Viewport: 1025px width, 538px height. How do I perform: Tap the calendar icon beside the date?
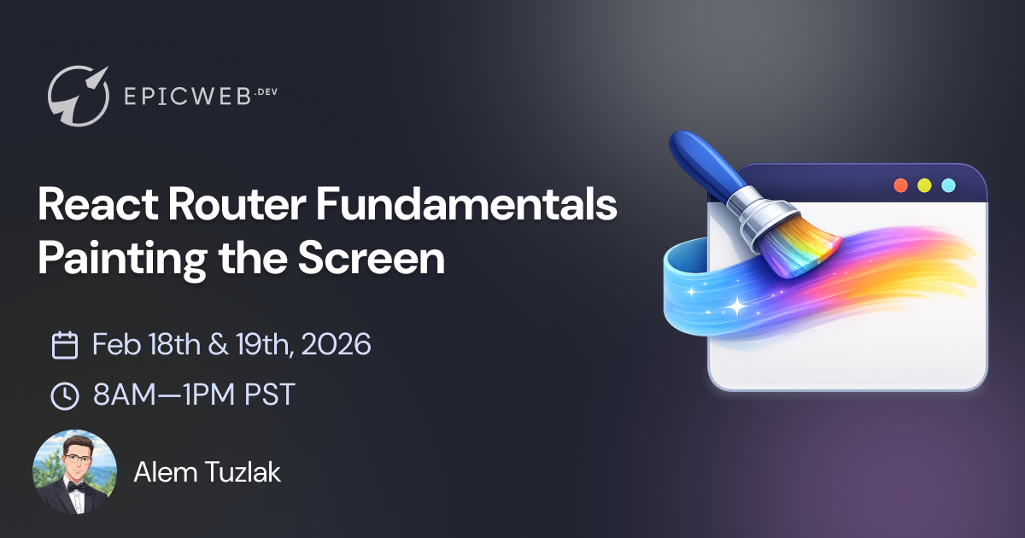[x=65, y=345]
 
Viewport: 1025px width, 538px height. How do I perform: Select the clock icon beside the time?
[x=65, y=395]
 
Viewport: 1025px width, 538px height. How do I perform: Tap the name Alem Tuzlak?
[x=207, y=472]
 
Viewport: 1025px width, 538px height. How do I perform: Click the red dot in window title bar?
[x=900, y=185]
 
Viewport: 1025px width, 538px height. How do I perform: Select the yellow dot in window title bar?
[x=924, y=185]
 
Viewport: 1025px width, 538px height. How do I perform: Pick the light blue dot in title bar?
[x=948, y=185]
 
